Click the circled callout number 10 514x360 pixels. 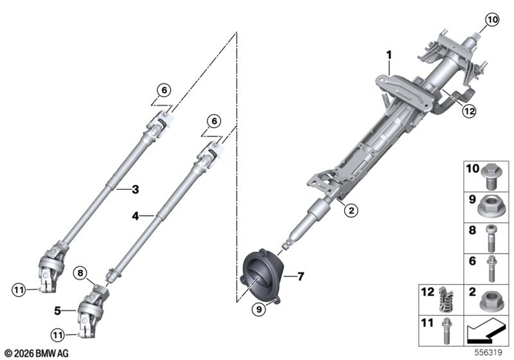click(x=492, y=20)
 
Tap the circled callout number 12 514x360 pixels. click(x=469, y=111)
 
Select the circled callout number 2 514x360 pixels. click(x=351, y=210)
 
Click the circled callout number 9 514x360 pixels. click(x=259, y=309)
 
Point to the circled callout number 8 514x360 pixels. click(x=81, y=273)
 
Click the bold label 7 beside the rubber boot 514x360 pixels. click(x=301, y=277)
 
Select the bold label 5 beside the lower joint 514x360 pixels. click(x=58, y=311)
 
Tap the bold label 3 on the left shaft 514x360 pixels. click(x=135, y=189)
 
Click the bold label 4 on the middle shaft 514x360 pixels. click(x=135, y=216)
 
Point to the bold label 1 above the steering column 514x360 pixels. click(x=389, y=55)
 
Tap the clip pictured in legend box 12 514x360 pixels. click(x=446, y=299)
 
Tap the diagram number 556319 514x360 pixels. click(x=488, y=352)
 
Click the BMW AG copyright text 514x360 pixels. click(x=36, y=353)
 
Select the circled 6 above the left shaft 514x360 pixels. click(x=164, y=90)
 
